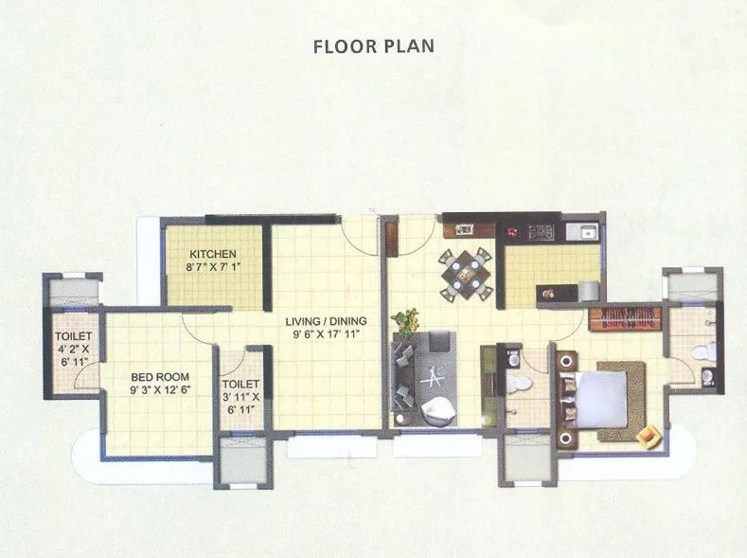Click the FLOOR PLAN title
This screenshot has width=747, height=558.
[373, 45]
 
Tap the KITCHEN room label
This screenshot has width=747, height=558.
[213, 255]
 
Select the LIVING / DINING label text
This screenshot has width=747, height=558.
[327, 321]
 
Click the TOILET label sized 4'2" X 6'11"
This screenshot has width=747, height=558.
[74, 336]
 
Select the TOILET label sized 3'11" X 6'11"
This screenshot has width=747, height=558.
[241, 386]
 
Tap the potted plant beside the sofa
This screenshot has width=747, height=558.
[408, 320]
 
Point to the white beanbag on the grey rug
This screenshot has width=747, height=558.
[438, 408]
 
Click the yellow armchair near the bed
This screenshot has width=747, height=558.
[649, 436]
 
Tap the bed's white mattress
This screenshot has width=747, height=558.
[600, 398]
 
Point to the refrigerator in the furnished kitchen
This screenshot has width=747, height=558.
[589, 289]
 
